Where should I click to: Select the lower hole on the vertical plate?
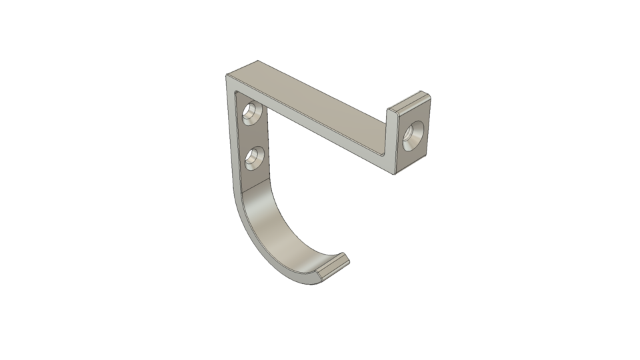tap(253, 157)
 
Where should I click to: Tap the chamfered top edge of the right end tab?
tap(408, 101)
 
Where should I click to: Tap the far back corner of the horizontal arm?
tap(257, 61)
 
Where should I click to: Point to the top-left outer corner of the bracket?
tap(227, 76)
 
